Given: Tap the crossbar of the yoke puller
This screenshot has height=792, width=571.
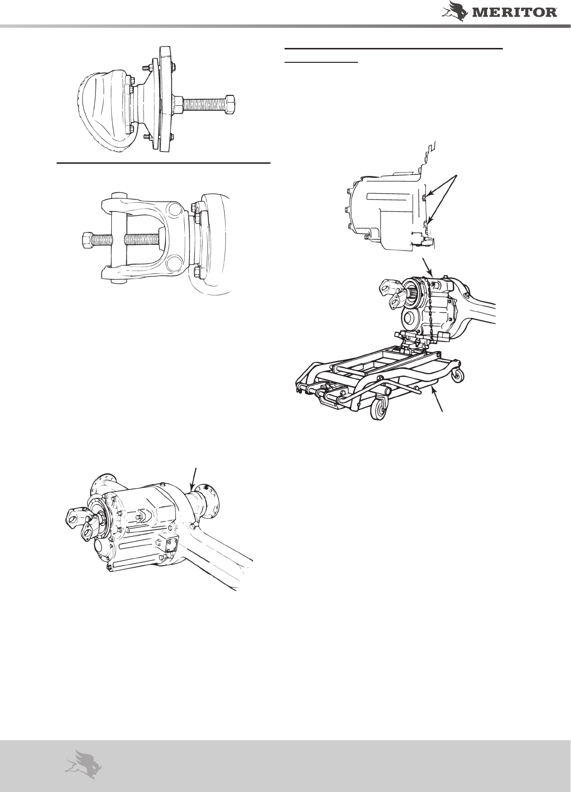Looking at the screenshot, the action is [x=119, y=239].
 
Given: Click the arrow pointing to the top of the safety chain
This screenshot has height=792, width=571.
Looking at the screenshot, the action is [x=428, y=268].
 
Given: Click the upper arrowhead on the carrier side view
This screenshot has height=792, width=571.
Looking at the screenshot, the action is [x=429, y=195].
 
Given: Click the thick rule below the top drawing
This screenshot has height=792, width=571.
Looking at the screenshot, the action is [x=164, y=163].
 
